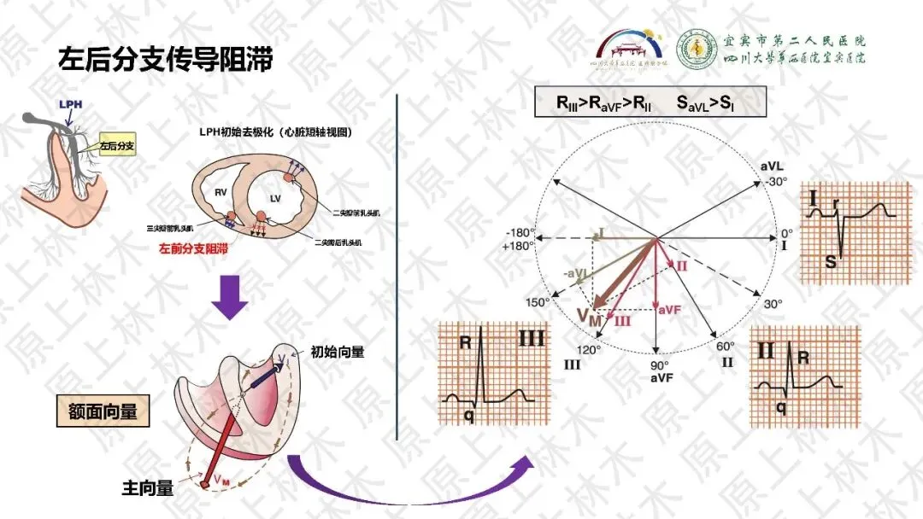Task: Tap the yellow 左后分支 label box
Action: [x=118, y=146]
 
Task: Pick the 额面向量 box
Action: [x=103, y=411]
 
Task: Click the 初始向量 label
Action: [x=338, y=351]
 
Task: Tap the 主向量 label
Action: [x=147, y=488]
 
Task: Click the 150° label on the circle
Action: [x=538, y=302]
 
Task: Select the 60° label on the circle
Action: [x=726, y=346]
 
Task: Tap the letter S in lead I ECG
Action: [x=831, y=261]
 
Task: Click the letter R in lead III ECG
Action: [x=467, y=343]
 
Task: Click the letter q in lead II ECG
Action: [x=781, y=407]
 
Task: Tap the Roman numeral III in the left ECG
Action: [x=532, y=339]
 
